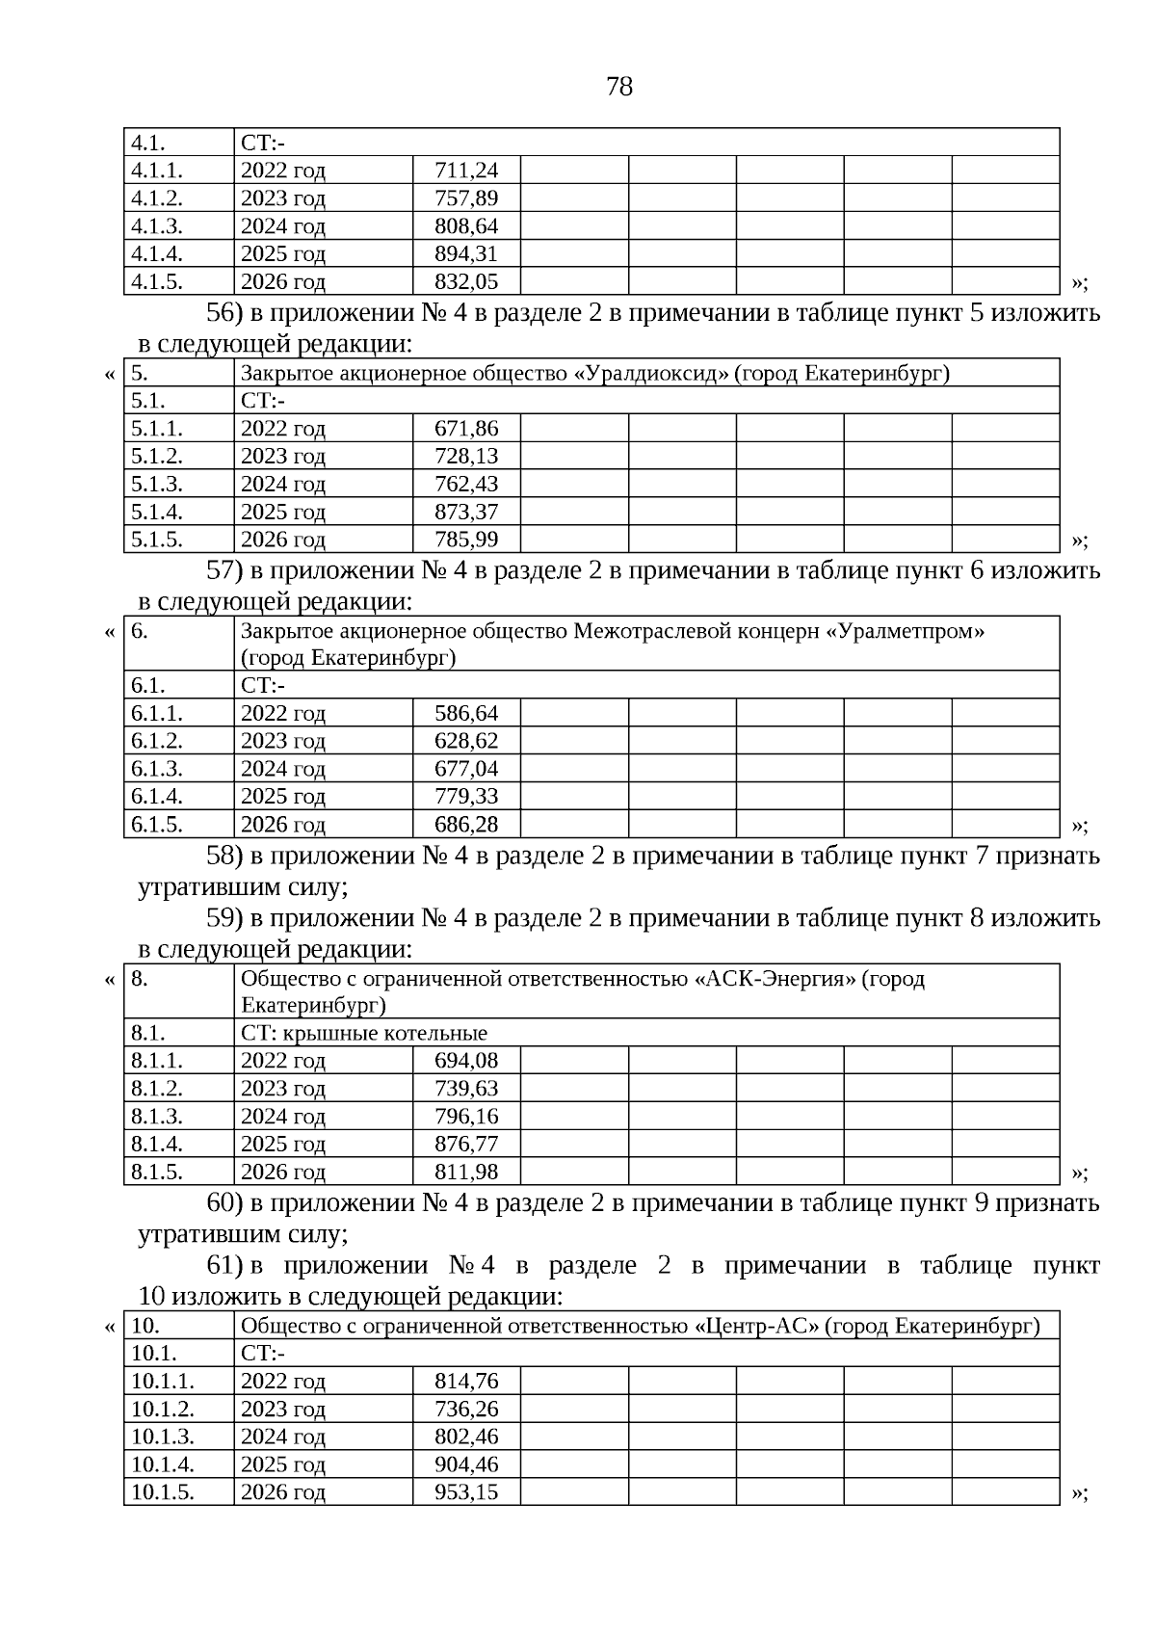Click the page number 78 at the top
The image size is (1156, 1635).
click(x=619, y=87)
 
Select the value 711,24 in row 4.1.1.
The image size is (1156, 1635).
click(x=466, y=171)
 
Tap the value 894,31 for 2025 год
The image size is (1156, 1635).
click(x=466, y=254)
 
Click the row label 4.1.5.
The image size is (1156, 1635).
click(x=157, y=282)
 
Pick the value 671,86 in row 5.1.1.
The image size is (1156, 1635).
click(x=466, y=429)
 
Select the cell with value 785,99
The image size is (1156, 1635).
click(x=466, y=540)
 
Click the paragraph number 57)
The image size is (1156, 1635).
click(x=224, y=570)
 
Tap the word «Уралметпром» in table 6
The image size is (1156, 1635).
click(x=906, y=631)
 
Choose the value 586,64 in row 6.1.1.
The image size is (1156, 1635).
click(x=466, y=714)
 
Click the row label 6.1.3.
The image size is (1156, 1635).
click(x=157, y=769)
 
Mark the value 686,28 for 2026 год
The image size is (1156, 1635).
click(x=466, y=825)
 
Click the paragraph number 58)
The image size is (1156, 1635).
click(x=224, y=856)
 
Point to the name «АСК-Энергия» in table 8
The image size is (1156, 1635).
click(x=775, y=979)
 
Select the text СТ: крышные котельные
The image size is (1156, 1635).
click(x=364, y=1034)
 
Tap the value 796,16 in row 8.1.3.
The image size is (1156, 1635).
click(x=466, y=1117)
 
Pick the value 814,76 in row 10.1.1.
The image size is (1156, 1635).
click(x=466, y=1382)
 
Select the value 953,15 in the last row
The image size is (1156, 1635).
click(x=466, y=1492)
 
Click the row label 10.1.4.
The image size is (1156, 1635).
click(x=163, y=1464)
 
